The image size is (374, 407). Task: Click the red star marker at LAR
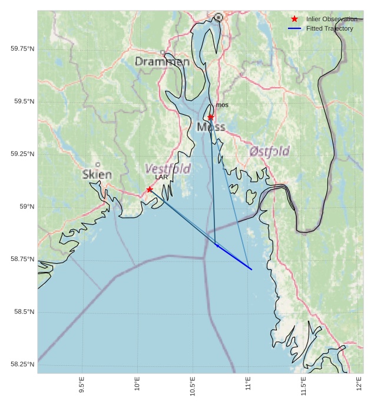150,189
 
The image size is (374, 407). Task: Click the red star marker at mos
211,117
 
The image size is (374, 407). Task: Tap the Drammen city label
162,62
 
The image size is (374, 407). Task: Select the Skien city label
97,174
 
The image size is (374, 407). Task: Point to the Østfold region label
269,151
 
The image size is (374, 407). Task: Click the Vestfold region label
168,169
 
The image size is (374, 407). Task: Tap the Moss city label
211,127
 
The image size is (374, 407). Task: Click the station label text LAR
162,177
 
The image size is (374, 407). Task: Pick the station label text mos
222,105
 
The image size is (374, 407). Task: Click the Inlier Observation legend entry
332,19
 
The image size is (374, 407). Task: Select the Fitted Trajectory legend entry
329,28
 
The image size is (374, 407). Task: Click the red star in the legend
294,19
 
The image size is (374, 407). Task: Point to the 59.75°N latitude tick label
22,48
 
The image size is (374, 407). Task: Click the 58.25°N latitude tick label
22,365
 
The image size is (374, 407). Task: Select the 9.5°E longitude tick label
82,386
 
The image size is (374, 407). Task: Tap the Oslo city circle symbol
219,18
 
